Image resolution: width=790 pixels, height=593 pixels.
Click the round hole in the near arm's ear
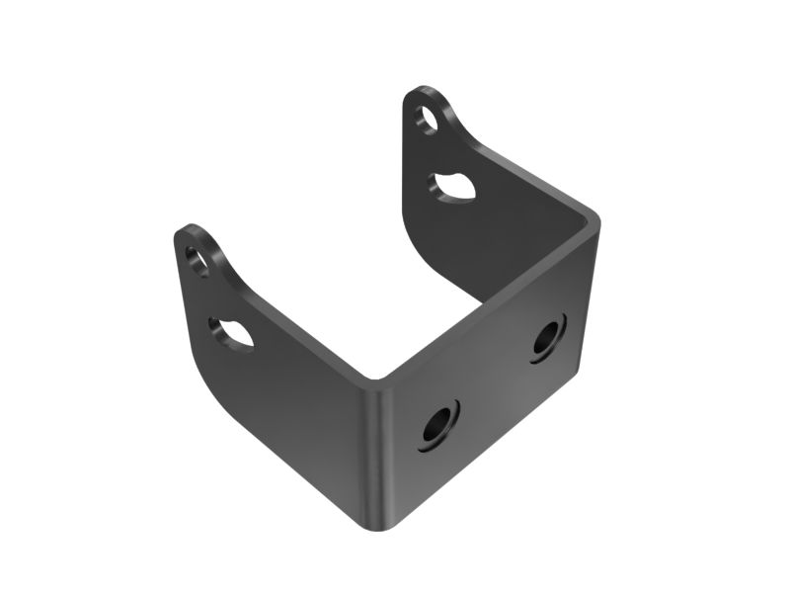pyautogui.click(x=197, y=261)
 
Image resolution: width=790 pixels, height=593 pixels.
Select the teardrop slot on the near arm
pyautogui.click(x=233, y=332)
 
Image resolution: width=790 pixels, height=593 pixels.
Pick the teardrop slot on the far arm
pyautogui.click(x=454, y=188)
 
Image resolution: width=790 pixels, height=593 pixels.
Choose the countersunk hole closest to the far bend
pyautogui.click(x=547, y=338)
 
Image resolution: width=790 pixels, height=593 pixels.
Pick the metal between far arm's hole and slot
pyautogui.click(x=441, y=153)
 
